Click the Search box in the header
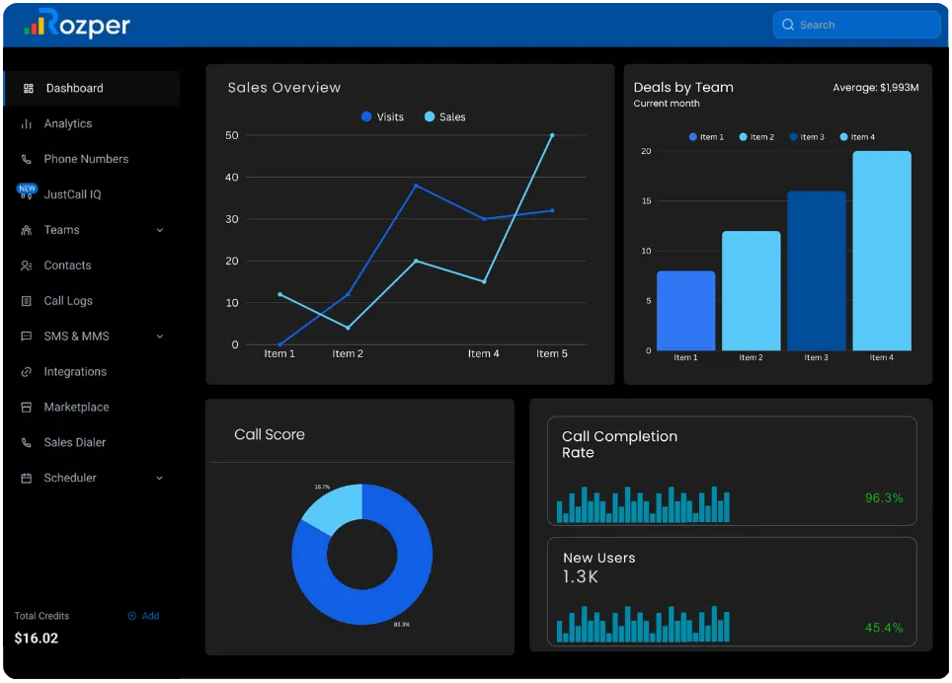pos(855,25)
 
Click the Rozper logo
pos(77,24)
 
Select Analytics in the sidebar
pos(67,123)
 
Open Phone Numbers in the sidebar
pos(86,159)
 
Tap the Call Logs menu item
pos(68,301)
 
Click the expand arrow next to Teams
pos(160,230)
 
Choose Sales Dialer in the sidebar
pos(74,443)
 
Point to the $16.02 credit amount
pos(37,639)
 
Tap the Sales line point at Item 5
pos(552,135)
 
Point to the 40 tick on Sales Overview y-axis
pos(232,178)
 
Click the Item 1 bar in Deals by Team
pos(685,311)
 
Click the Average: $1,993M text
pos(875,88)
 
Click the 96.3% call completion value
pos(884,498)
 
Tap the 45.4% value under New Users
pos(884,628)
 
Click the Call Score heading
pos(270,434)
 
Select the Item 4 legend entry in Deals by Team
pos(857,137)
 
